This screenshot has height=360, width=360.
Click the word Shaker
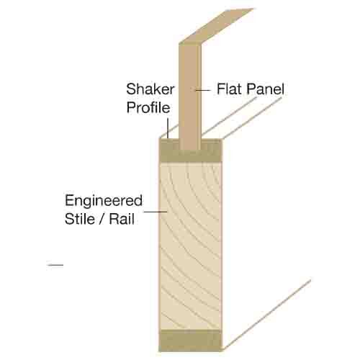[x=150, y=89]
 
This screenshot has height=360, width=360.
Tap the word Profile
[x=148, y=107]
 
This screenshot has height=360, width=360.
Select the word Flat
[x=230, y=89]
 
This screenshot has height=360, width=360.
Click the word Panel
[x=265, y=89]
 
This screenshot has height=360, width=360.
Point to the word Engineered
[x=104, y=201]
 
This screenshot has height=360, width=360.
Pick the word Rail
[x=122, y=219]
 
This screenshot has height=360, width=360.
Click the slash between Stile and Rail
[x=102, y=219]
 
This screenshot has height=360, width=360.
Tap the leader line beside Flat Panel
[x=203, y=90]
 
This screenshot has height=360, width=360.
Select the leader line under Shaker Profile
[x=168, y=128]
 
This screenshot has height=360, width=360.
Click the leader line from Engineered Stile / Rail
[x=156, y=212]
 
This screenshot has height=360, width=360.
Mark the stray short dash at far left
[x=55, y=265]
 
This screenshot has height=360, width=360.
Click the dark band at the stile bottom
[x=190, y=341]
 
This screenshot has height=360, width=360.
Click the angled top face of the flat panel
[x=217, y=26]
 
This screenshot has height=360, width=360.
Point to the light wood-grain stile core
[x=190, y=246]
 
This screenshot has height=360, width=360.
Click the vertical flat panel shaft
[x=190, y=96]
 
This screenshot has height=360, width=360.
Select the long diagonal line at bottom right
[x=266, y=315]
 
